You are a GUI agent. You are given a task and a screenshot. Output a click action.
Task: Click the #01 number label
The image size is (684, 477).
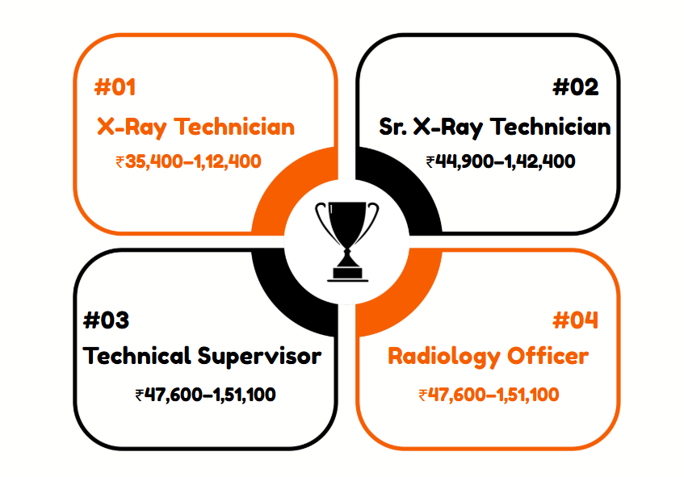pyautogui.click(x=115, y=87)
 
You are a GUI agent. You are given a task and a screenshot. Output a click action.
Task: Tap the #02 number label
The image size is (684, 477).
pyautogui.click(x=575, y=87)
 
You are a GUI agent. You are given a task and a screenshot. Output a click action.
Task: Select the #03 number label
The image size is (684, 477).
pyautogui.click(x=106, y=320)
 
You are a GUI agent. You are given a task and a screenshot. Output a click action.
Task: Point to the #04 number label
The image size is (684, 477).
pyautogui.click(x=575, y=320)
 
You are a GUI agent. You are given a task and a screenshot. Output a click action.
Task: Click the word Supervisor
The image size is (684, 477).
pyautogui.click(x=259, y=357)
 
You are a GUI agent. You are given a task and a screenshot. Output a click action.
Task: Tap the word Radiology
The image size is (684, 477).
pyautogui.click(x=443, y=357)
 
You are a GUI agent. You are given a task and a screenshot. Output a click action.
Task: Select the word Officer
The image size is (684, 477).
pyautogui.click(x=548, y=356)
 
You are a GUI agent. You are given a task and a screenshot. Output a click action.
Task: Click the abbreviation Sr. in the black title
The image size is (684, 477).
pyautogui.click(x=392, y=127)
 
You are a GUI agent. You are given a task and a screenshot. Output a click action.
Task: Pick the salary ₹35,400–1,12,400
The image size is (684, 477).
pyautogui.click(x=188, y=161)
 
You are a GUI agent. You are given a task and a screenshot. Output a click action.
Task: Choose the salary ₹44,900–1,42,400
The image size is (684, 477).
pyautogui.click(x=501, y=161)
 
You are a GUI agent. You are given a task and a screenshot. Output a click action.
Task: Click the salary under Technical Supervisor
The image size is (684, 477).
pyautogui.click(x=205, y=395)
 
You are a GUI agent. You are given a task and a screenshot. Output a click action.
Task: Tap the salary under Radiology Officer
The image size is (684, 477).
pyautogui.click(x=489, y=395)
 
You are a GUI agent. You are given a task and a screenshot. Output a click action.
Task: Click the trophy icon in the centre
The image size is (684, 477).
pyautogui.click(x=347, y=241)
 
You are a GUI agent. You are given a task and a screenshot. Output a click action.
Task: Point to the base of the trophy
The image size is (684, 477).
pyautogui.click(x=348, y=274)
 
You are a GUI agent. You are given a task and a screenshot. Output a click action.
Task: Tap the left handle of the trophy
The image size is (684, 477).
pyautogui.click(x=324, y=220)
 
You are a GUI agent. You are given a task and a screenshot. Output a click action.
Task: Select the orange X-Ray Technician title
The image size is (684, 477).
pyautogui.click(x=196, y=128)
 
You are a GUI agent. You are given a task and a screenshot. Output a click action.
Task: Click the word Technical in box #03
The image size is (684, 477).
pyautogui.click(x=137, y=356)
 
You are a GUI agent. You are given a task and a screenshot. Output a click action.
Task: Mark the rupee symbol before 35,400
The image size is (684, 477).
pyautogui.click(x=120, y=162)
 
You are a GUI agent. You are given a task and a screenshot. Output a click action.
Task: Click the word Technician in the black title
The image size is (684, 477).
pyautogui.click(x=551, y=127)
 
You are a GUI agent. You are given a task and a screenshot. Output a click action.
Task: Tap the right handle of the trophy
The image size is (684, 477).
pyautogui.click(x=371, y=220)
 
